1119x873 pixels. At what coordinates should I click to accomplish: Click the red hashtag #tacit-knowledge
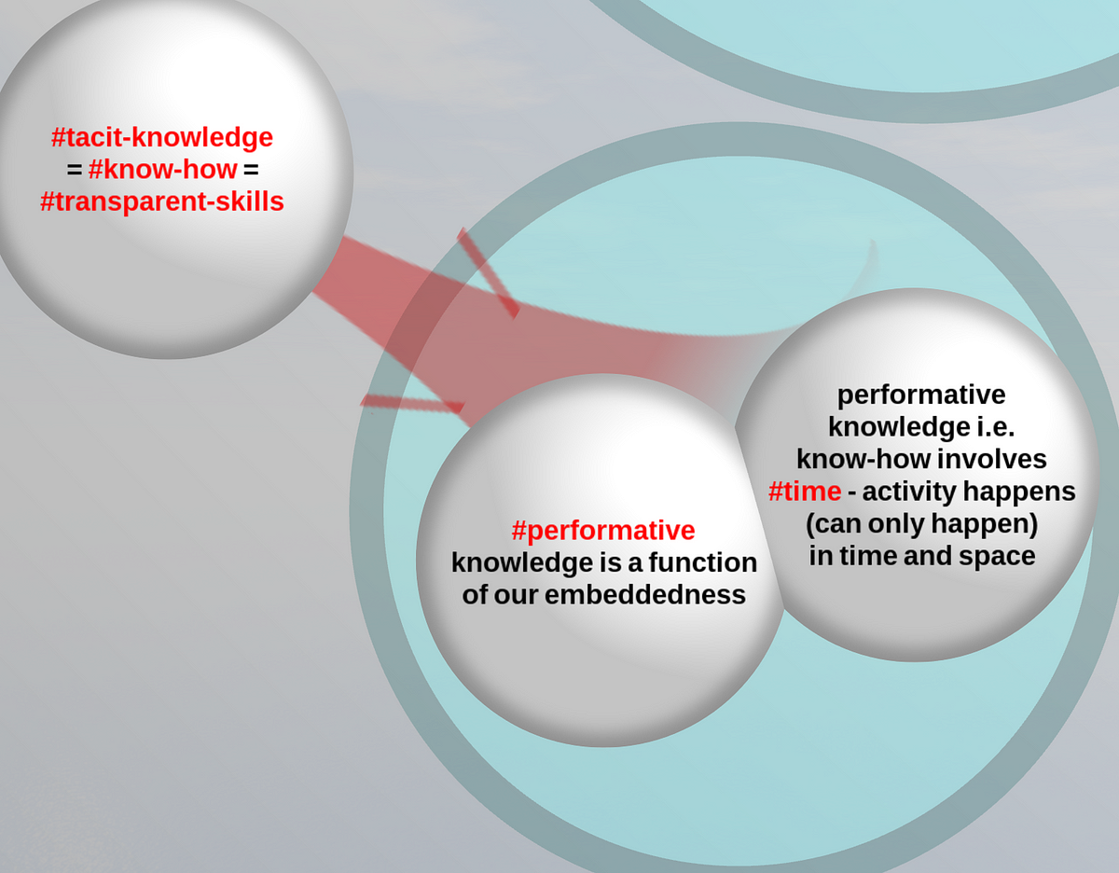coord(162,137)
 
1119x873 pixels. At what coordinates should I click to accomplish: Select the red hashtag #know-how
coord(162,170)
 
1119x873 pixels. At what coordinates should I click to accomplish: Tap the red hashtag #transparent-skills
coord(162,201)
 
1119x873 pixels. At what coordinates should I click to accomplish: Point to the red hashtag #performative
coord(603,531)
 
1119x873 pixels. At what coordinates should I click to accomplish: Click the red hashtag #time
coord(805,492)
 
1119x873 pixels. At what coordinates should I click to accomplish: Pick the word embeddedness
coord(645,595)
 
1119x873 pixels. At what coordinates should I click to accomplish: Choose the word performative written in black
coord(921,395)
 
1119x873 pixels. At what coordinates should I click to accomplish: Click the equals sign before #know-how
coord(75,170)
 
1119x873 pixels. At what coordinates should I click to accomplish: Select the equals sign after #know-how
coord(251,170)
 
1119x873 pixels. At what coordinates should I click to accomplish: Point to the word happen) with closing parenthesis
coord(984,524)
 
